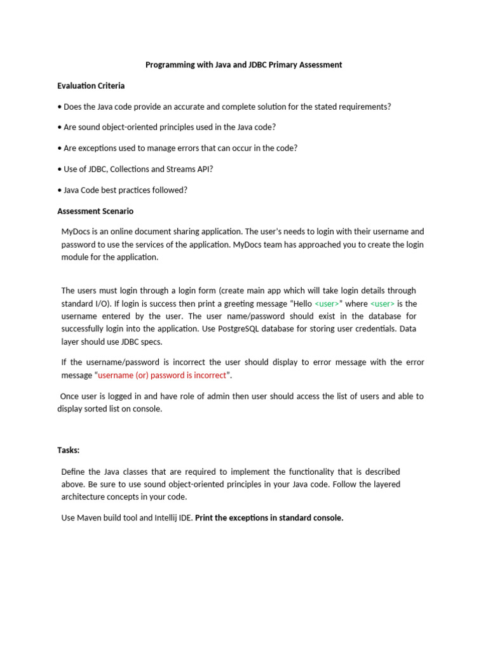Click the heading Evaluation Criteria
coord(91,86)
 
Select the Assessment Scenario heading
coord(95,211)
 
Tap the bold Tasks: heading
coord(69,450)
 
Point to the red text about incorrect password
coord(162,375)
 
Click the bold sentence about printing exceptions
coord(269,517)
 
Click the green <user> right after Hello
coord(327,303)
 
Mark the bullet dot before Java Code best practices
coord(60,190)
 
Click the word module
coord(76,257)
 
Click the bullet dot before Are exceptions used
coord(60,148)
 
